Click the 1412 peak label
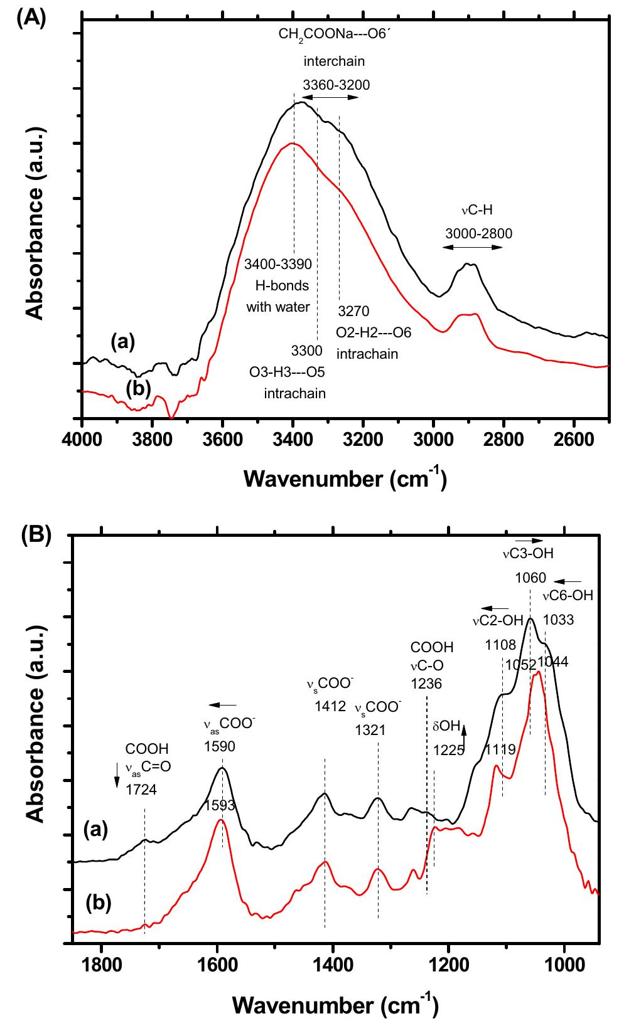coord(330,707)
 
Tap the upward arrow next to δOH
coord(464,729)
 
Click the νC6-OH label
coord(568,596)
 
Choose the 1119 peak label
coord(500,749)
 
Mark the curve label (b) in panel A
coord(139,389)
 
